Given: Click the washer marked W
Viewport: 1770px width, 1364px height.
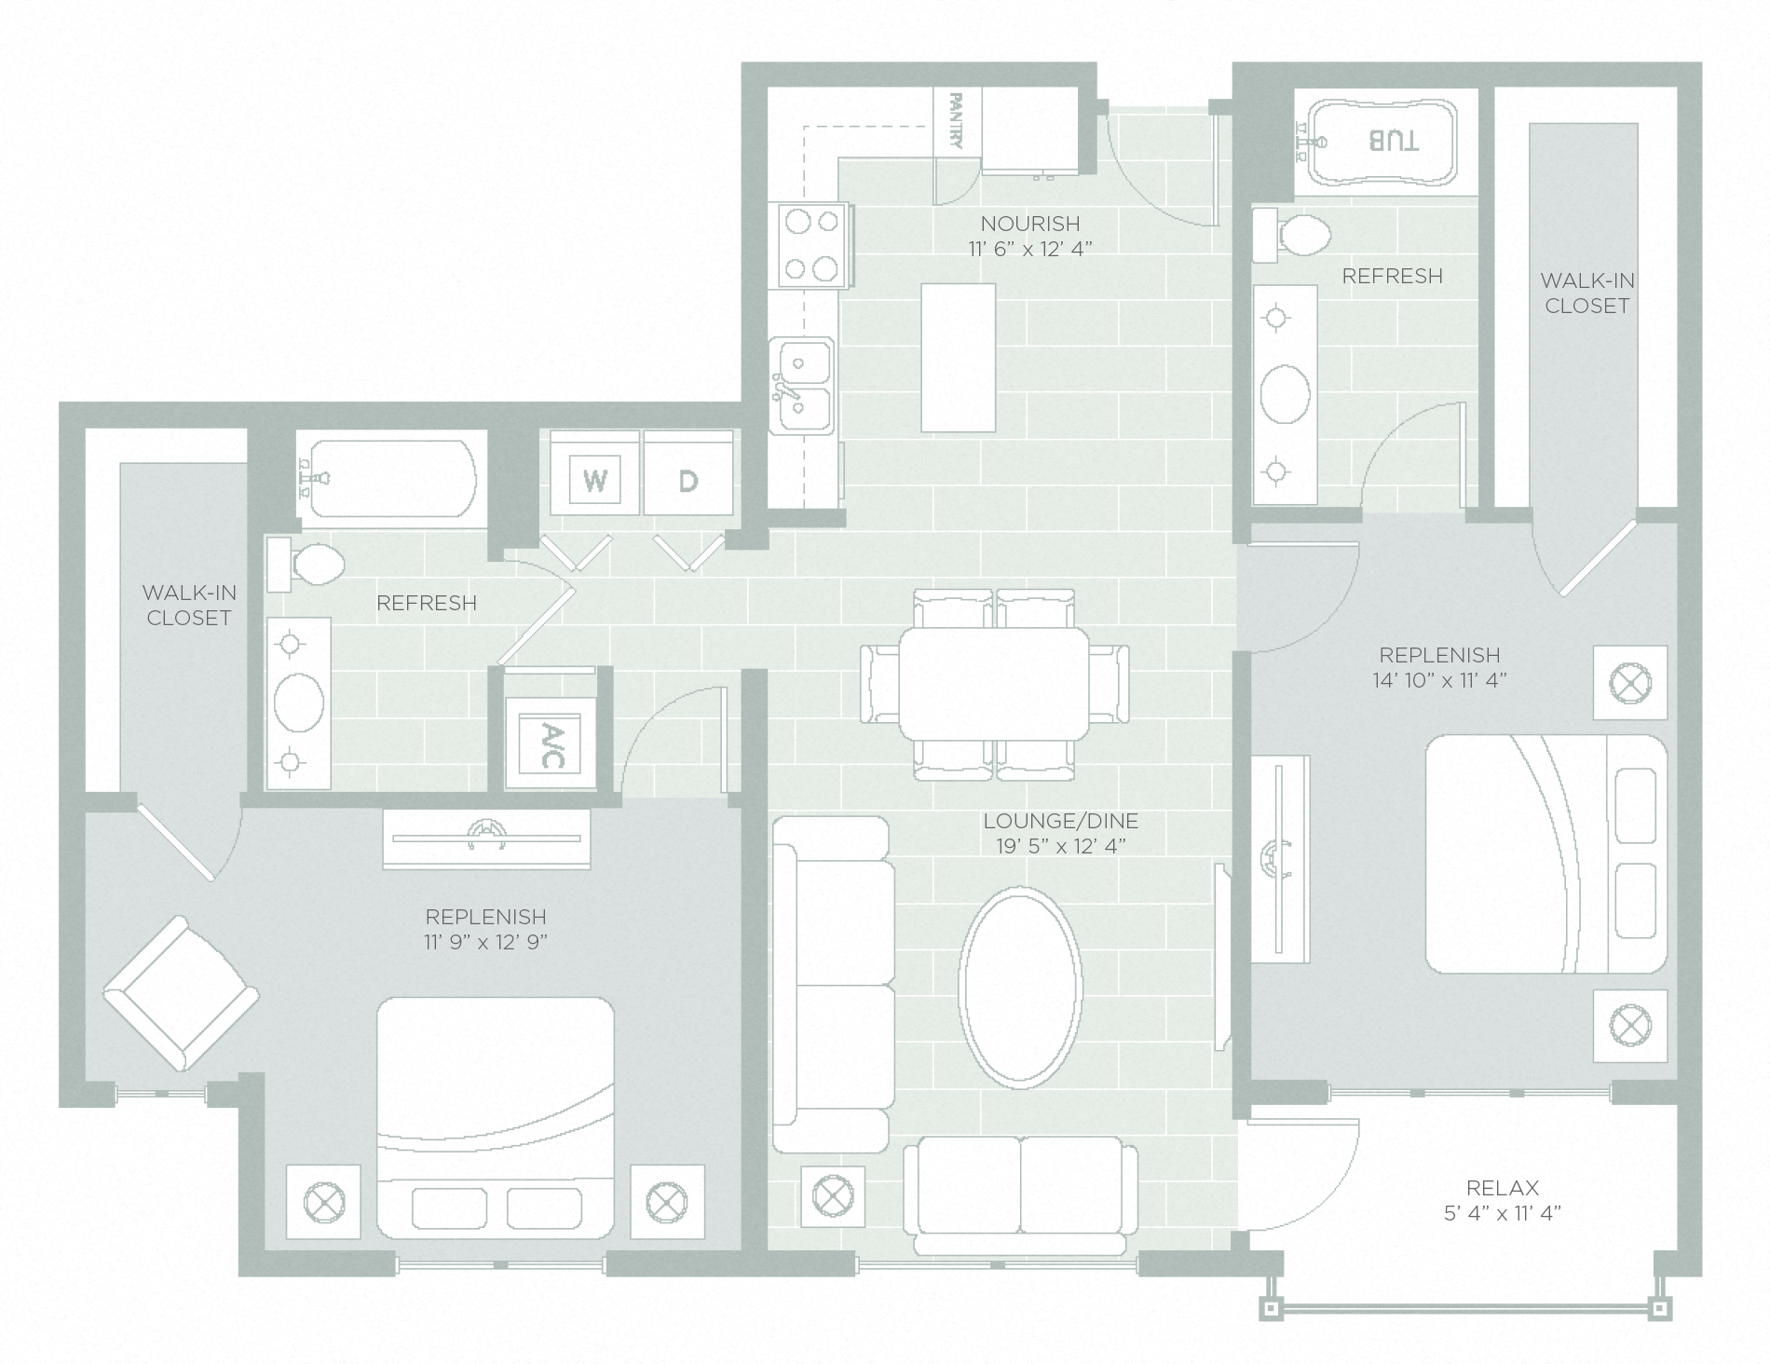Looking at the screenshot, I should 595,480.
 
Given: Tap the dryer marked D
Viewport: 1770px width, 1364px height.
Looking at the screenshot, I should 688,480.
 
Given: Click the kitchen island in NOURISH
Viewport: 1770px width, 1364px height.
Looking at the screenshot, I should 958,358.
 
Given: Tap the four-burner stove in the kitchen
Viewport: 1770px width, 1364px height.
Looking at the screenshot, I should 812,245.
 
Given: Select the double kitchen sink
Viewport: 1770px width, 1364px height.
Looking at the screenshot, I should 802,386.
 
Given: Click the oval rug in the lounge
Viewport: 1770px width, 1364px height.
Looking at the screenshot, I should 1020,988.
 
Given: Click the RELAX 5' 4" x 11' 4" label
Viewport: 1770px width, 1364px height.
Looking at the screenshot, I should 1502,1200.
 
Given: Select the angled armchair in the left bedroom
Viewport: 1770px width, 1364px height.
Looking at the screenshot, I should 181,993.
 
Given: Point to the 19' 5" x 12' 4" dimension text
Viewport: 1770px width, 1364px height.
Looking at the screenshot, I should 1061,846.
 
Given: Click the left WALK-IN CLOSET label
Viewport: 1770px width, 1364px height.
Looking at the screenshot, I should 188,605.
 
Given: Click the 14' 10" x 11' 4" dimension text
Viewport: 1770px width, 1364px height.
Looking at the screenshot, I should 1439,680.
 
